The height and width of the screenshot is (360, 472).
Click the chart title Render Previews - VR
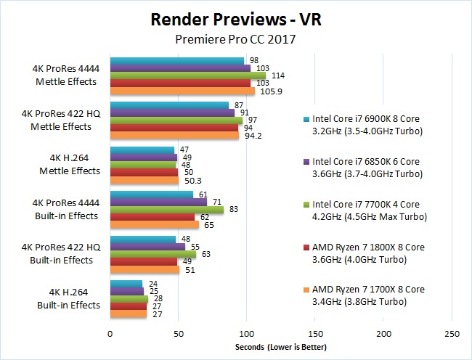(235, 19)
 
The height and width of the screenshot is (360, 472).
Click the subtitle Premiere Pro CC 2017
(235, 41)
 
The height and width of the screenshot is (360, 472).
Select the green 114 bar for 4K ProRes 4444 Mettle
(187, 75)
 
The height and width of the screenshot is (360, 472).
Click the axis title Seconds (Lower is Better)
(280, 348)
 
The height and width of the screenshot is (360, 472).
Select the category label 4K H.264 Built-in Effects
(68, 299)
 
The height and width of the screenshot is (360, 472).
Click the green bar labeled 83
(166, 209)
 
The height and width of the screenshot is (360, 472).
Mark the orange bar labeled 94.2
(174, 135)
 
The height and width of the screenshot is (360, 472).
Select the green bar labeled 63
(152, 254)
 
